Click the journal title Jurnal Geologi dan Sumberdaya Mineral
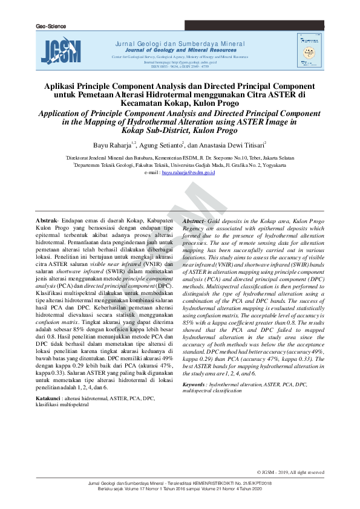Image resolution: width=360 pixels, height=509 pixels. (x=180, y=44)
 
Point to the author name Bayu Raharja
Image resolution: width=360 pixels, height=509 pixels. (x=114, y=145)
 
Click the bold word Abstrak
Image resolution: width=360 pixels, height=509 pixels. (x=47, y=222)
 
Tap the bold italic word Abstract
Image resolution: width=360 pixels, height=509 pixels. (x=194, y=222)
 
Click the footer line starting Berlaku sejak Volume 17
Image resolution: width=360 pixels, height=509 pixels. (x=180, y=488)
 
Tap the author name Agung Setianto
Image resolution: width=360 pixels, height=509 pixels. (x=163, y=145)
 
